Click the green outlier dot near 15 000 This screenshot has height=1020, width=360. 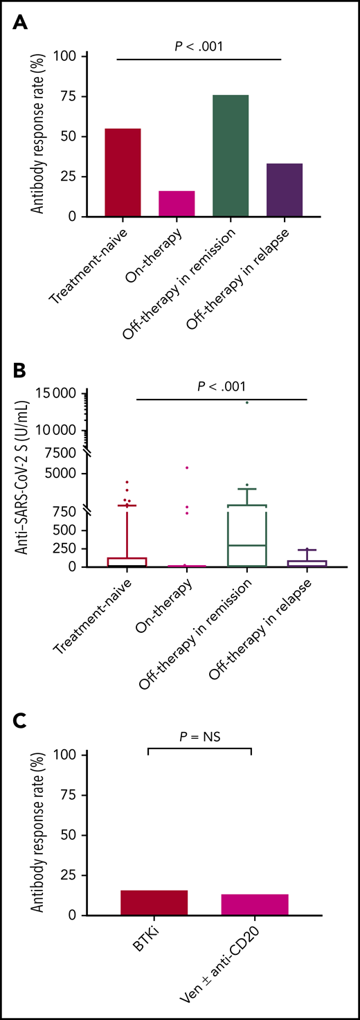[247, 402]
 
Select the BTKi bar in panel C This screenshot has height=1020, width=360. [144, 900]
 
